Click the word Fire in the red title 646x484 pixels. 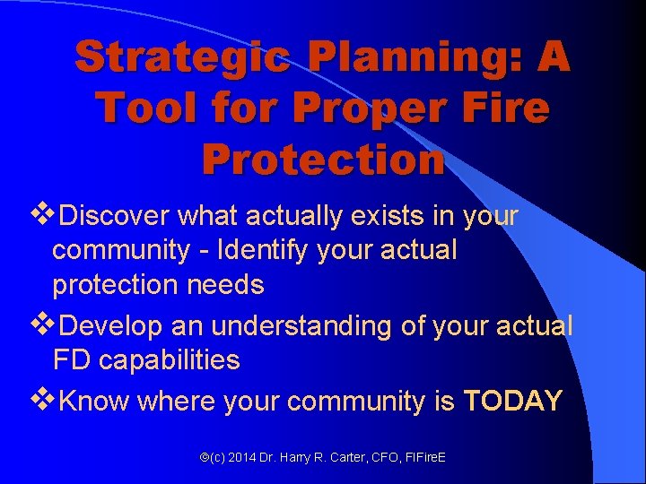click(504, 108)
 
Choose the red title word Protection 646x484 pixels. click(323, 160)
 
